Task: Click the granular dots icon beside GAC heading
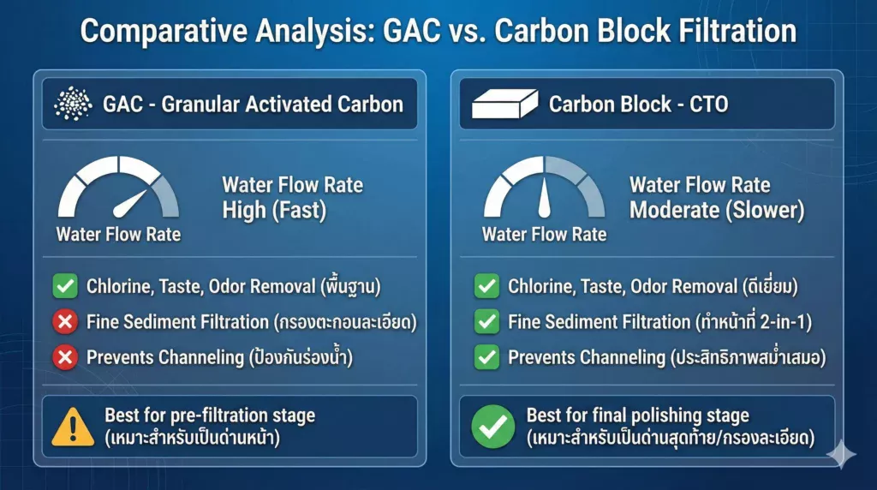(73, 105)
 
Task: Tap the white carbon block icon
(504, 105)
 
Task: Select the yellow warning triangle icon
(73, 426)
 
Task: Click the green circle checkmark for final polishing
(494, 426)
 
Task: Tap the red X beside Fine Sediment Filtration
(65, 322)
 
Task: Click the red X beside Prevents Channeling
(65, 357)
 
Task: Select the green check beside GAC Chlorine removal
(65, 287)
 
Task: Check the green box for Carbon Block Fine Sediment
(486, 322)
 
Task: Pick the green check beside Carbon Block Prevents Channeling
(486, 357)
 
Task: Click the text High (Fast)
(274, 211)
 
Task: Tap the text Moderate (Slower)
(717, 211)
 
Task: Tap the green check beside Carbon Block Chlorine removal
(486, 287)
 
